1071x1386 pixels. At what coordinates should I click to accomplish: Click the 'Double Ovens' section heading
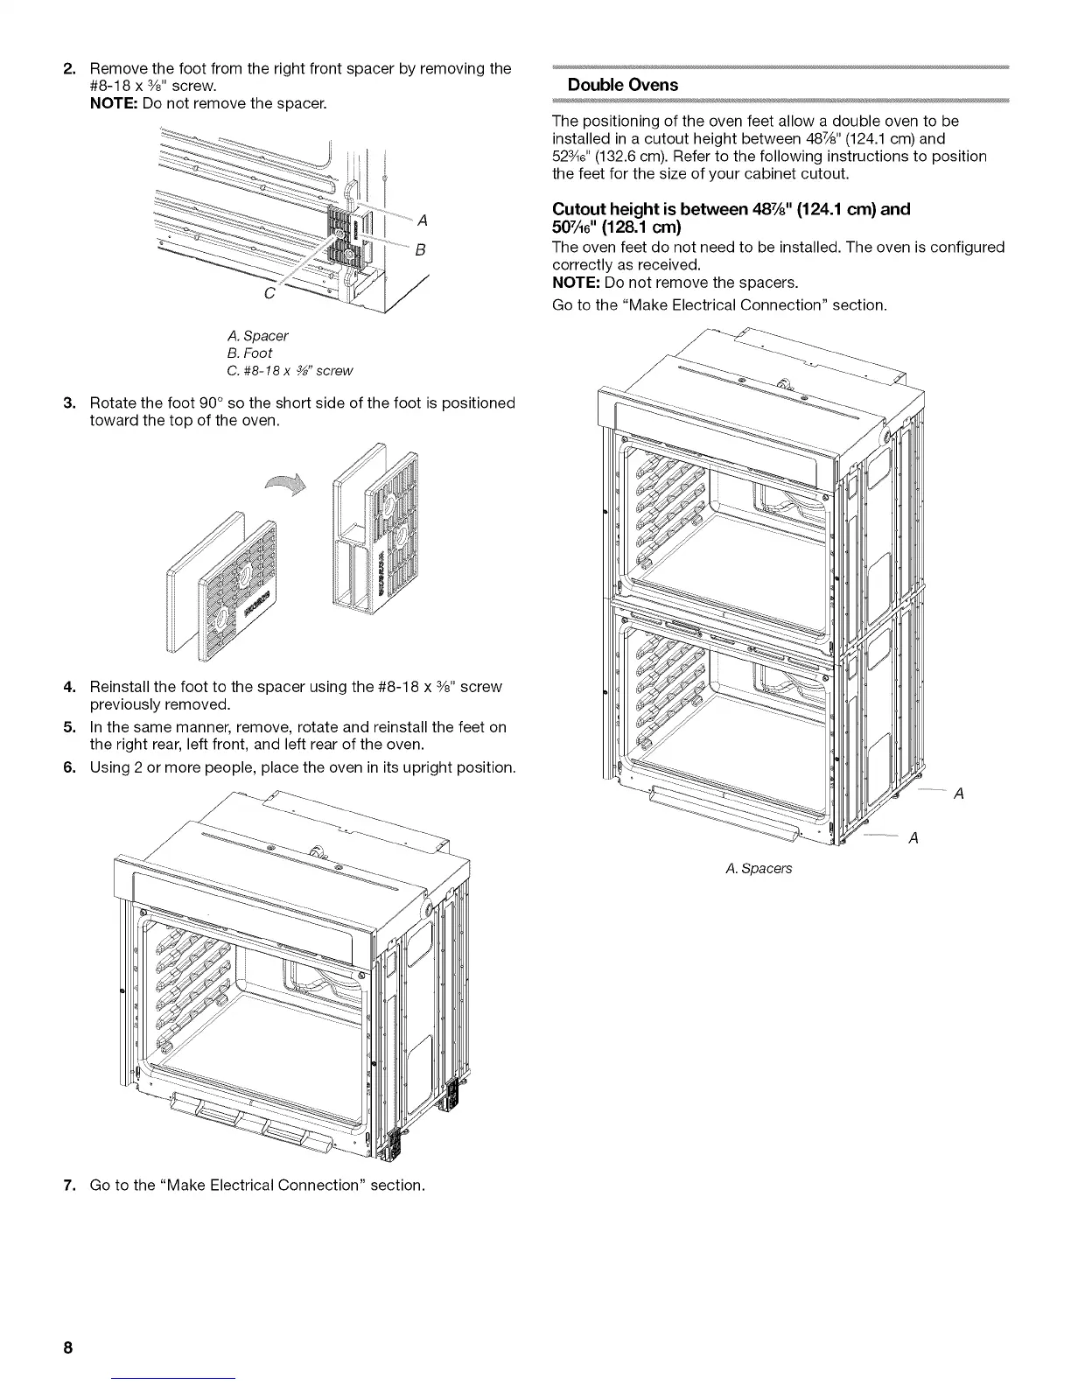(x=622, y=86)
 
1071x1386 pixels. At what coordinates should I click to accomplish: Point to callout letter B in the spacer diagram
(x=420, y=249)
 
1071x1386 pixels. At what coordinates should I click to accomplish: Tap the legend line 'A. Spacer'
(x=257, y=336)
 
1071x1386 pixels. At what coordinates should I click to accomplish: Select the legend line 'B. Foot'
(x=249, y=353)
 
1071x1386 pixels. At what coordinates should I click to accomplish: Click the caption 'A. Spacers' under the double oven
(x=759, y=868)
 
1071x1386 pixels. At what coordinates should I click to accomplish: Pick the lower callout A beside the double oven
(x=913, y=838)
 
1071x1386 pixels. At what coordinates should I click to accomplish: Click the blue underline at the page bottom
(x=175, y=1379)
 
